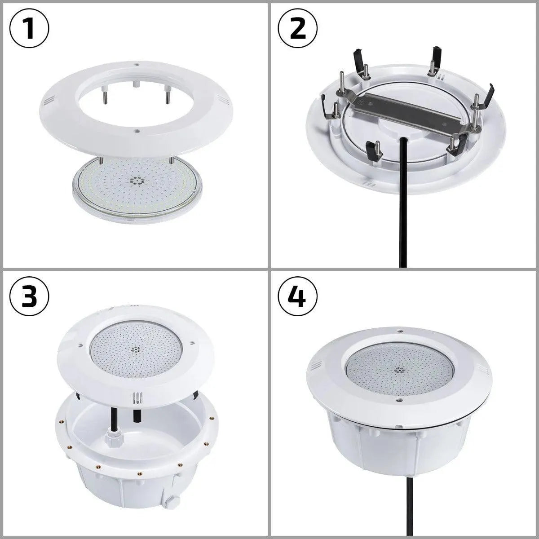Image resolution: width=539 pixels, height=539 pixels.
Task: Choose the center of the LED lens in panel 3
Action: point(134,348)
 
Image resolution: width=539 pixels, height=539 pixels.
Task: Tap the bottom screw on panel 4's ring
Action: point(398,400)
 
